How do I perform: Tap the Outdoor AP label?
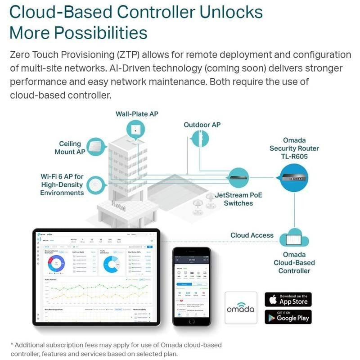[x=202, y=125]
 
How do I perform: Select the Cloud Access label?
[x=252, y=235]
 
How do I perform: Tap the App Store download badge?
[x=288, y=299]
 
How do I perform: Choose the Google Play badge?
[x=288, y=316]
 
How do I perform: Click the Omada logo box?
[x=241, y=308]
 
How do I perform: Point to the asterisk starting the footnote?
[x=11, y=345]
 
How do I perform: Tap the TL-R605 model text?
[x=294, y=156]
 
